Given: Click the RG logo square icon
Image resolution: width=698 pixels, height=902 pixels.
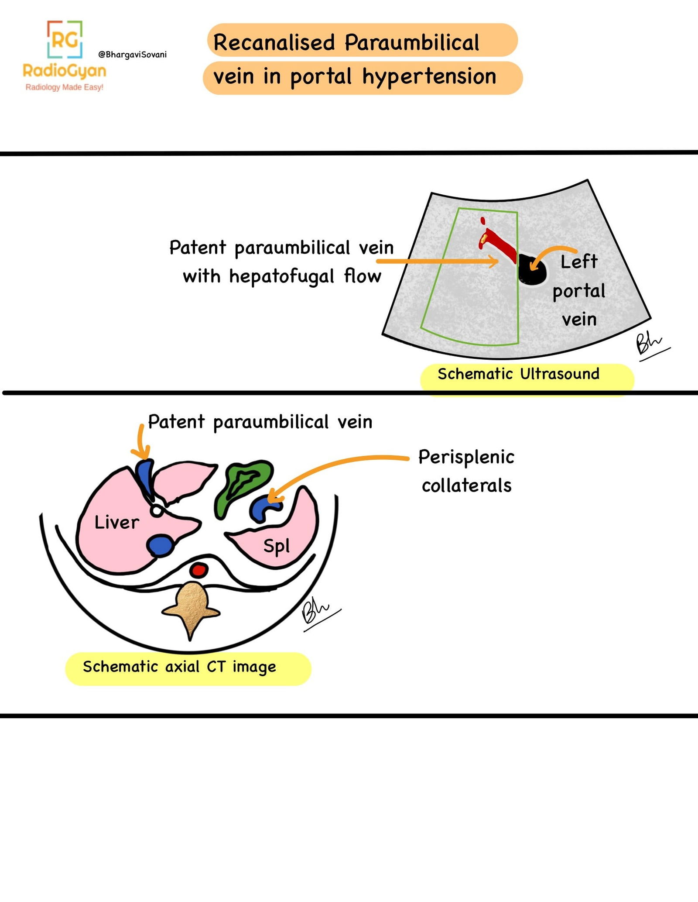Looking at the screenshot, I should (x=65, y=39).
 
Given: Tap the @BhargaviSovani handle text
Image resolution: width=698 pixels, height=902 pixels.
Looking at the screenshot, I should (x=132, y=55).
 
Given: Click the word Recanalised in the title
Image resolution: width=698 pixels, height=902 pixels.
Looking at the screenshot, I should (x=274, y=42).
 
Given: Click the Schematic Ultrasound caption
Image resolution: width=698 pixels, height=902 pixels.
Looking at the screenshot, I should (x=518, y=374).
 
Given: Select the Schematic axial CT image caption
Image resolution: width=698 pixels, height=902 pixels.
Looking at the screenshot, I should (x=179, y=667).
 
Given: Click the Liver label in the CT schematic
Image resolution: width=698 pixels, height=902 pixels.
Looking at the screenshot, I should (x=116, y=522).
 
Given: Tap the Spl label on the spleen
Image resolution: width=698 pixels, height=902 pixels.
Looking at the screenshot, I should (x=276, y=546).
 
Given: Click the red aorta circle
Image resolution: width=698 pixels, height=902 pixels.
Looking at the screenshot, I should (x=198, y=569).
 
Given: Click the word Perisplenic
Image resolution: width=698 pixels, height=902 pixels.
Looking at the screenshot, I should (x=466, y=457).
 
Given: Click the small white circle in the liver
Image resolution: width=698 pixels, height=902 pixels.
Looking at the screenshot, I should (x=157, y=510).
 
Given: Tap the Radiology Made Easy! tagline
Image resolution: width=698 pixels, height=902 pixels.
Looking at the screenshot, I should (x=64, y=87).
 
